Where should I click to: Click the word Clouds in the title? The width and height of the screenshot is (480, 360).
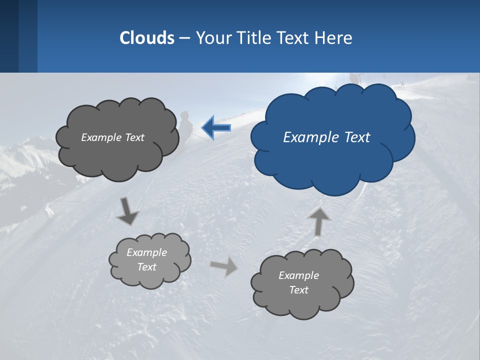pyautogui.click(x=147, y=37)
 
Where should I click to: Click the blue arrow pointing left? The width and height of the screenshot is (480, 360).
pyautogui.click(x=217, y=127)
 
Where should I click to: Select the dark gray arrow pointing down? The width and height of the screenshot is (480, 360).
pyautogui.click(x=127, y=211)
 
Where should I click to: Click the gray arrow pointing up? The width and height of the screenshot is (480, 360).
pyautogui.click(x=318, y=220)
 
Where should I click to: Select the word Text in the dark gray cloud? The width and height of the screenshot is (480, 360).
pyautogui.click(x=133, y=137)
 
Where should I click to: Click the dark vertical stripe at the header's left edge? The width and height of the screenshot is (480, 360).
pyautogui.click(x=9, y=36)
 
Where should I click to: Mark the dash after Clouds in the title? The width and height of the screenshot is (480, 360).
pyautogui.click(x=184, y=38)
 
